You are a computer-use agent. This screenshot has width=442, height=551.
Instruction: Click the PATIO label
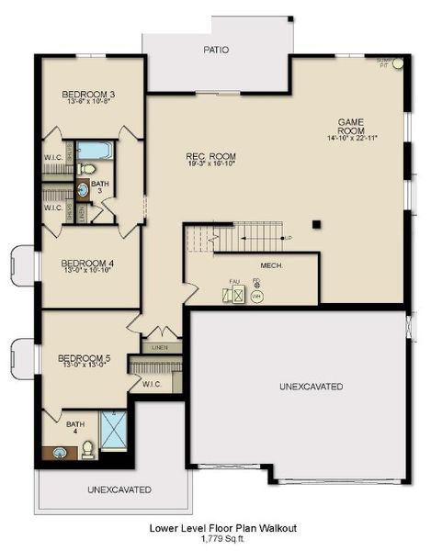(217, 51)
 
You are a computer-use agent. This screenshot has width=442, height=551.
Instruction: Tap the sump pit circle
(397, 64)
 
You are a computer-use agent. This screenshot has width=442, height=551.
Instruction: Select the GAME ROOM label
(352, 121)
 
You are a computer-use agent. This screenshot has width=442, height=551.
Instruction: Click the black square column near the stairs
(315, 223)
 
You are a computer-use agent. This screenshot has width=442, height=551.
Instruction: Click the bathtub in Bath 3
(93, 150)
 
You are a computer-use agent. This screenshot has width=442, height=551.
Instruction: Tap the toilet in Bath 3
(87, 169)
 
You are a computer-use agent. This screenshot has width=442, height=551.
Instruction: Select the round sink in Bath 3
(82, 190)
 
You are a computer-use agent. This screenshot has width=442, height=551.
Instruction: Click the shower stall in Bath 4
(113, 431)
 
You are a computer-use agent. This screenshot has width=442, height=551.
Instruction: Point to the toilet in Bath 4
(88, 450)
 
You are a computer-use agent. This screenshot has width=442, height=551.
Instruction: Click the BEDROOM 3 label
(88, 95)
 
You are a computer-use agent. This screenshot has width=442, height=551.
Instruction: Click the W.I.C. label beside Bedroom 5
(153, 384)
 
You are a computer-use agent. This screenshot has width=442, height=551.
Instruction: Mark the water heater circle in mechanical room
(257, 297)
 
